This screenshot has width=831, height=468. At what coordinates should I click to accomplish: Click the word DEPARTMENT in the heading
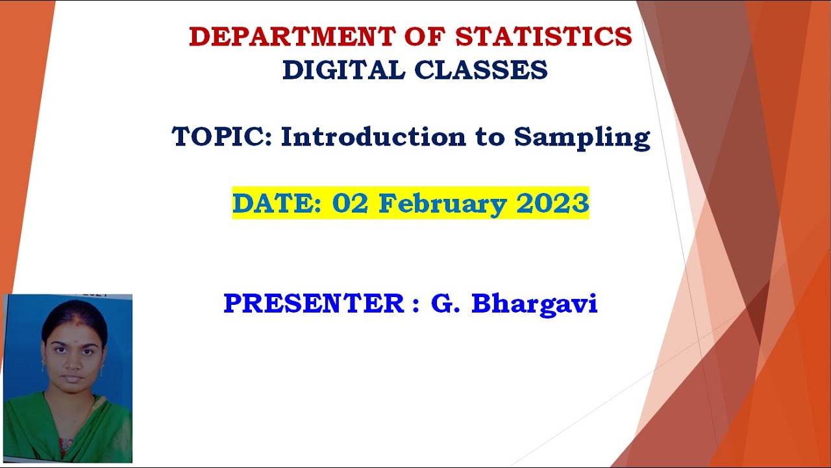pyautogui.click(x=292, y=36)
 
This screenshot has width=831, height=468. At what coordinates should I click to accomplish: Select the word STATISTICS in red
pyautogui.click(x=543, y=36)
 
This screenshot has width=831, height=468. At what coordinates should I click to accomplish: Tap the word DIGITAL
pyautogui.click(x=343, y=70)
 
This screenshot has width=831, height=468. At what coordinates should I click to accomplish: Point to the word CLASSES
pyautogui.click(x=481, y=70)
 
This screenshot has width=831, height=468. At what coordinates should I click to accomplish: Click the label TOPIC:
pyautogui.click(x=222, y=136)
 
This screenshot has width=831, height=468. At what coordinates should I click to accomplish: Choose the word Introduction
pyautogui.click(x=373, y=136)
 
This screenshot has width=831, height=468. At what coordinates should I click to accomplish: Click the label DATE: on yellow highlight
pyautogui.click(x=277, y=203)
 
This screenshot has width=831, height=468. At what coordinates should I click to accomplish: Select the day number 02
pyautogui.click(x=350, y=203)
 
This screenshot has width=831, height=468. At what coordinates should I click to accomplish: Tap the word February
pyautogui.click(x=442, y=205)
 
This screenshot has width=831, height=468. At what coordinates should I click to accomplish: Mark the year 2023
pyautogui.click(x=552, y=203)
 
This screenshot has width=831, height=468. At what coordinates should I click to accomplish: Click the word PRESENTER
pyautogui.click(x=314, y=303)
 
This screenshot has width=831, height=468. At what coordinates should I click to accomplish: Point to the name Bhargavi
pyautogui.click(x=534, y=305)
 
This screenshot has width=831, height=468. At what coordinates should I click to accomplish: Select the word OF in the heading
pyautogui.click(x=425, y=36)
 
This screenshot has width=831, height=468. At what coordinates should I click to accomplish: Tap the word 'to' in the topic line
pyautogui.click(x=490, y=137)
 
